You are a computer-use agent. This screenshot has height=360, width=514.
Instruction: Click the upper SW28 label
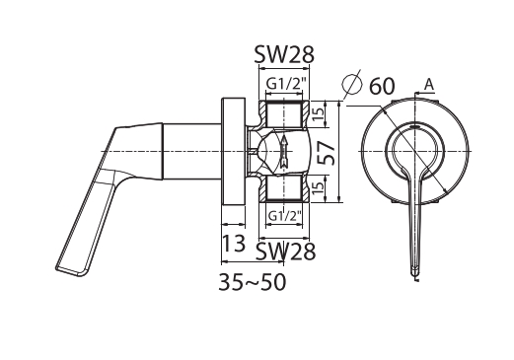(x=284, y=54)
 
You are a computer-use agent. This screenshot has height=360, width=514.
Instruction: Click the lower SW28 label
(x=285, y=252)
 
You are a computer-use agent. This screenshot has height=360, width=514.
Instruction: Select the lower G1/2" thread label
(x=285, y=216)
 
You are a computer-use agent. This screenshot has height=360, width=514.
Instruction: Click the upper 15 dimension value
(x=318, y=113)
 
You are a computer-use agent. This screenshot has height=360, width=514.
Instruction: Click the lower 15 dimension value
(x=318, y=188)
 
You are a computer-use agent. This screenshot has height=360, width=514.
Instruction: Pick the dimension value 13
(x=234, y=244)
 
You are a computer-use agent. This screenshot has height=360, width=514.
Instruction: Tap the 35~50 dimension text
(x=253, y=282)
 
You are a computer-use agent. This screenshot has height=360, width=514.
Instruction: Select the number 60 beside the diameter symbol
(x=382, y=86)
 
